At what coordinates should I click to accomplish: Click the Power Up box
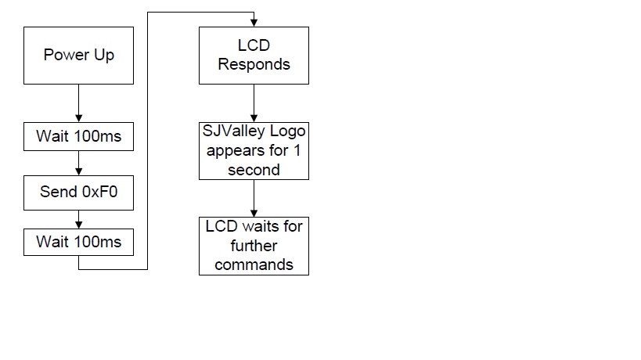pyautogui.click(x=78, y=56)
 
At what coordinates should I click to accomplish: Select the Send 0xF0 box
pyautogui.click(x=78, y=193)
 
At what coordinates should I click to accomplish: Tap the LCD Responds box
pyautogui.click(x=254, y=56)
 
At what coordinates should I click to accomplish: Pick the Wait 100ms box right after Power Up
pyautogui.click(x=78, y=136)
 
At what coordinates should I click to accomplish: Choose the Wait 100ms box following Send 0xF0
pyautogui.click(x=78, y=243)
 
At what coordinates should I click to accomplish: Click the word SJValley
pyautogui.click(x=233, y=131)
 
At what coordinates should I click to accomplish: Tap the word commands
pyautogui.click(x=254, y=265)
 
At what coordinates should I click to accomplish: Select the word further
pyautogui.click(x=254, y=246)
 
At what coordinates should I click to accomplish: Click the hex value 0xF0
pyautogui.click(x=99, y=192)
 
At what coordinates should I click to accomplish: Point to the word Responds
pyautogui.click(x=254, y=64)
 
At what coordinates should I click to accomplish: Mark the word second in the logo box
pyautogui.click(x=254, y=170)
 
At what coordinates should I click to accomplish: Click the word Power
pyautogui.click(x=67, y=55)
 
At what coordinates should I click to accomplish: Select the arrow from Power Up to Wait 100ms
pyautogui.click(x=78, y=103)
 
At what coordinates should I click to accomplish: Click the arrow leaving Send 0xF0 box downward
pyautogui.click(x=78, y=219)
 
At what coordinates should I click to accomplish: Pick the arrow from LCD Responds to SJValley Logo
pyautogui.click(x=254, y=103)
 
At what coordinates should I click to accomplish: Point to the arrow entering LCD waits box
pyautogui.click(x=254, y=198)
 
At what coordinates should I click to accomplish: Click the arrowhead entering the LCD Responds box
pyautogui.click(x=254, y=23)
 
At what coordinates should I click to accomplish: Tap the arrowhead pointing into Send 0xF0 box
pyautogui.click(x=78, y=172)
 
